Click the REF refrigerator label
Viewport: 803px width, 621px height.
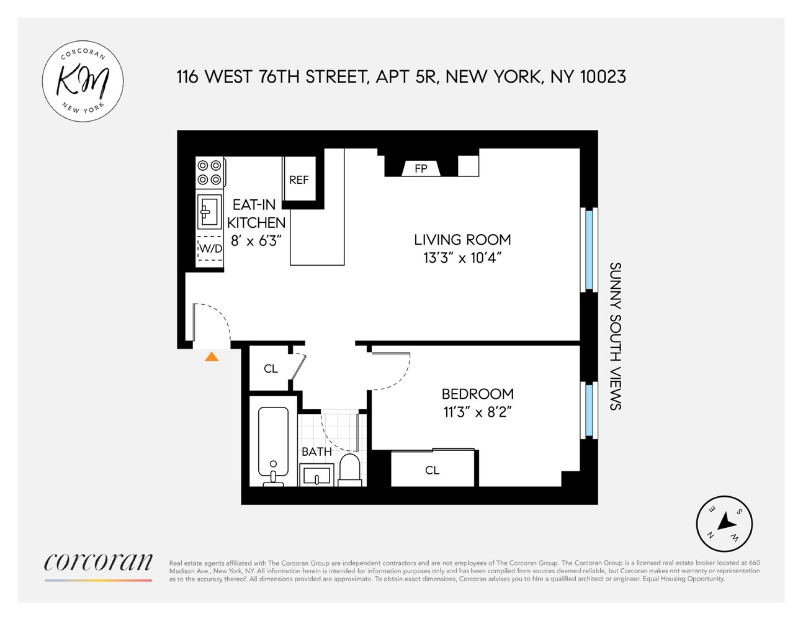coord(298,180)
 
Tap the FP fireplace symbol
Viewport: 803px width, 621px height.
coord(421,168)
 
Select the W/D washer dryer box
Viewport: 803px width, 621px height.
coord(210,248)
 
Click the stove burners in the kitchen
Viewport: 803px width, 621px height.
coord(209,173)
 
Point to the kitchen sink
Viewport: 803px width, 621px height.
coord(209,211)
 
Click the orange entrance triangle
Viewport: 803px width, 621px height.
coord(212,356)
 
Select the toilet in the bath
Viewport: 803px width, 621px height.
coord(350,470)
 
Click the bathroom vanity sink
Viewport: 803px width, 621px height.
coord(317,477)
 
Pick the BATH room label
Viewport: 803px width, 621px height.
coord(316,451)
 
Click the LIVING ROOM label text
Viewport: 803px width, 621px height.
coord(462,240)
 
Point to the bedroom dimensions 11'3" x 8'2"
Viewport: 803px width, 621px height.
coord(477,412)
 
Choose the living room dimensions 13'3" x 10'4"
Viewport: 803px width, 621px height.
coord(462,258)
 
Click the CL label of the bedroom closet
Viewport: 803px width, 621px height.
coord(432,470)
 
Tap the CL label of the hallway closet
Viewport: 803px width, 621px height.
coord(271,369)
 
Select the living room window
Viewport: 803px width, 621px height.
coord(589,248)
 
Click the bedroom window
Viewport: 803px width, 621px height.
coord(589,410)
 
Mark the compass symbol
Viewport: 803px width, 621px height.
coord(724,524)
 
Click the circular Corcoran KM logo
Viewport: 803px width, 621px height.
coord(83,81)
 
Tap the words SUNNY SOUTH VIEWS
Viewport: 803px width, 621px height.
coord(615,336)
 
